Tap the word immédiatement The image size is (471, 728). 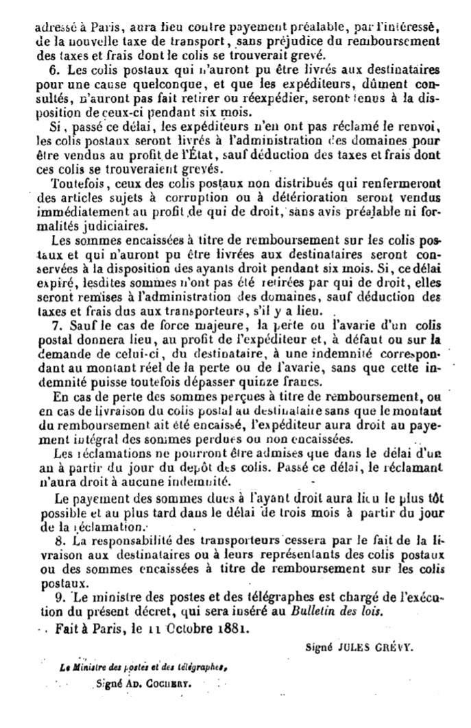pos(82,214)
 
